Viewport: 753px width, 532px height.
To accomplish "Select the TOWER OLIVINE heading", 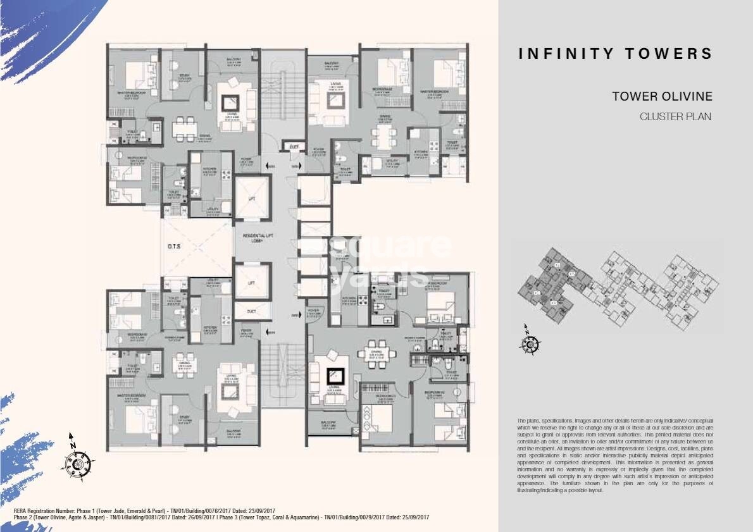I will (x=662, y=97).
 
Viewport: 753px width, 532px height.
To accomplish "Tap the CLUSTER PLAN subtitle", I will (x=676, y=116).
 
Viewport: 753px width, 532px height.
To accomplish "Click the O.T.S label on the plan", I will (x=175, y=248).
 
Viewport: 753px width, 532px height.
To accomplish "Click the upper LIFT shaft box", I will (x=252, y=199).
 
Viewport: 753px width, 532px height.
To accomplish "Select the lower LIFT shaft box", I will (x=252, y=283).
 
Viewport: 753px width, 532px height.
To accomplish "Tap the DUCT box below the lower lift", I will (x=252, y=311).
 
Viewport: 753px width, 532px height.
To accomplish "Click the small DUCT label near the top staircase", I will (x=294, y=146).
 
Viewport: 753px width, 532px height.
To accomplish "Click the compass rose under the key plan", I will (x=529, y=342).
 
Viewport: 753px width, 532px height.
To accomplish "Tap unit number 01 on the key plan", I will (x=557, y=264).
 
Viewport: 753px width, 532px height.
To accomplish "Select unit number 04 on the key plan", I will (x=537, y=294).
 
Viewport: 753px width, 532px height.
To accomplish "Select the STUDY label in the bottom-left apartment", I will (x=184, y=417).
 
